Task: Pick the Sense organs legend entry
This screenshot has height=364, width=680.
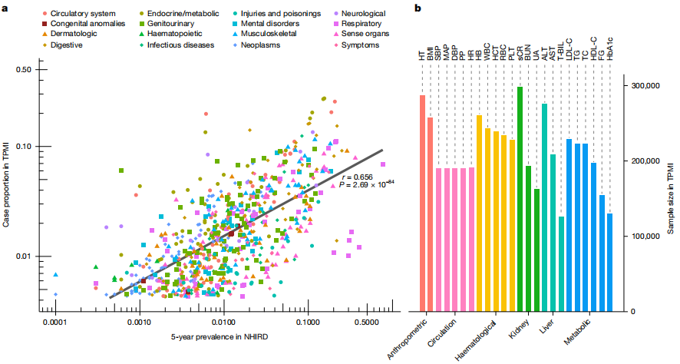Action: coord(365,35)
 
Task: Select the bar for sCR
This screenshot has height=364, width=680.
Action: coord(520,199)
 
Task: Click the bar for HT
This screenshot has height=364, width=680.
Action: coord(422,203)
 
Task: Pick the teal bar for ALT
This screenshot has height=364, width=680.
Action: coord(545,207)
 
